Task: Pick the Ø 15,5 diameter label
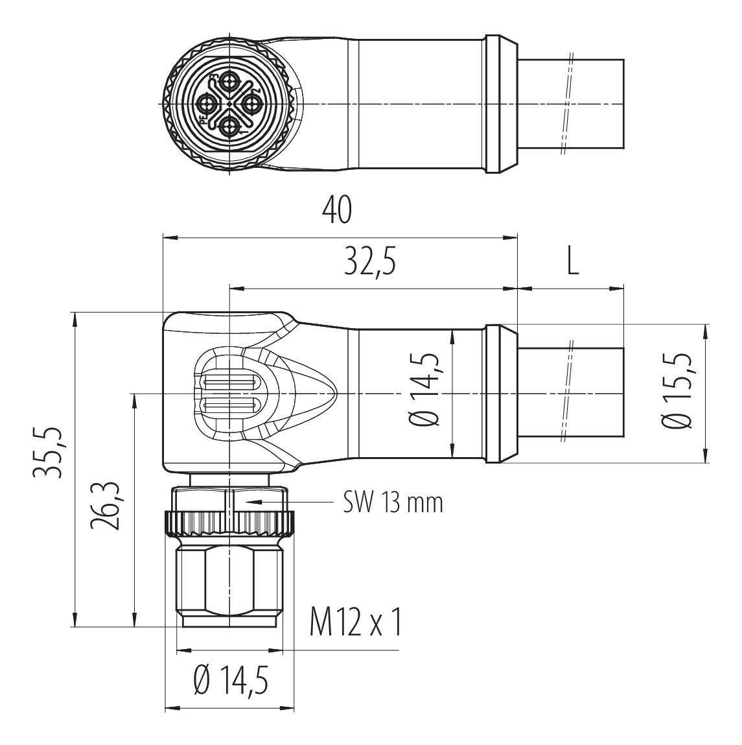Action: pos(676,391)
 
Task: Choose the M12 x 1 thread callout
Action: pos(356,623)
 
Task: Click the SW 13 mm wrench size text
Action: pos(393,502)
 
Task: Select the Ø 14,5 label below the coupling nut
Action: pos(231,680)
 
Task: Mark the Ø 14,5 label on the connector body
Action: pos(422,389)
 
